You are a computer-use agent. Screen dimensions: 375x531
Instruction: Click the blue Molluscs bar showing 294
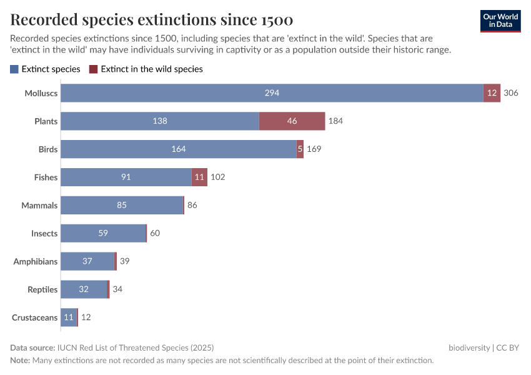pyautogui.click(x=272, y=93)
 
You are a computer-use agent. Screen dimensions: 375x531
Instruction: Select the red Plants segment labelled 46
pyautogui.click(x=292, y=121)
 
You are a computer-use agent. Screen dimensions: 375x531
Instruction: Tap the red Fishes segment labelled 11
pyautogui.click(x=199, y=177)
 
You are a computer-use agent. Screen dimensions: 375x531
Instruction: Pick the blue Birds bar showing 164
pyautogui.click(x=178, y=149)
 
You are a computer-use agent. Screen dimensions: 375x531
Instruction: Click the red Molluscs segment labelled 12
pyautogui.click(x=492, y=93)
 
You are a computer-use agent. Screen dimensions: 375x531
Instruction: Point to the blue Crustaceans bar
pyautogui.click(x=69, y=317)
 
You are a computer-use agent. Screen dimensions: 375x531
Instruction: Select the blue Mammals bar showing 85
pyautogui.click(x=122, y=206)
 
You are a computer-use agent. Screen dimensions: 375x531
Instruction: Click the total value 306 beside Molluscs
pyautogui.click(x=511, y=93)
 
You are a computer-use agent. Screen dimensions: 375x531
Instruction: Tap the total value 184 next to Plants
pyautogui.click(x=335, y=121)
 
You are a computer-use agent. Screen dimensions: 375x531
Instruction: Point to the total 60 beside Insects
pyautogui.click(x=155, y=234)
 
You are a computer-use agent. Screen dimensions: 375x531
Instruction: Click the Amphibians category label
pyautogui.click(x=36, y=262)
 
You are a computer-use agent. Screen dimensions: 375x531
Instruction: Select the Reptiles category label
pyautogui.click(x=42, y=290)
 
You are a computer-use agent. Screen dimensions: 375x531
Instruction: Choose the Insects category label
pyautogui.click(x=44, y=234)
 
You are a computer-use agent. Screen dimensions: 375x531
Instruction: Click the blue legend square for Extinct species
pyautogui.click(x=14, y=69)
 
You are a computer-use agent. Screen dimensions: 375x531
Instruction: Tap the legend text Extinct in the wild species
pyautogui.click(x=151, y=69)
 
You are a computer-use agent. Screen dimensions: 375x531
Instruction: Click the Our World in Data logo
pyautogui.click(x=500, y=21)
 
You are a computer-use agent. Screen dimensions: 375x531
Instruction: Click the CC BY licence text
pyautogui.click(x=509, y=347)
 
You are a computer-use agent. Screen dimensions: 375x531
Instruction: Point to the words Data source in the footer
pyautogui.click(x=32, y=347)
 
